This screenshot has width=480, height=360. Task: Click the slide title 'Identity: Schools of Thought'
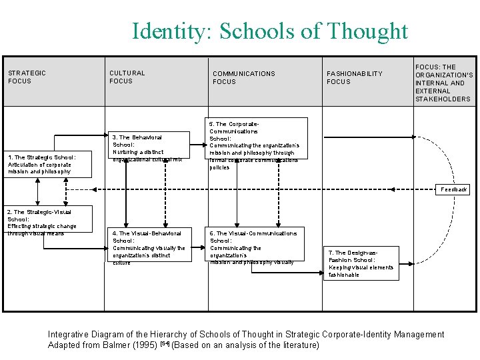[x=269, y=31]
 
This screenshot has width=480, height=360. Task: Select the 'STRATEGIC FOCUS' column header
[x=27, y=77]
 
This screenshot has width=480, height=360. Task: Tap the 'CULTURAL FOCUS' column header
[x=127, y=77]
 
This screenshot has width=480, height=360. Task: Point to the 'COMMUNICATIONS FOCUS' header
[x=243, y=77]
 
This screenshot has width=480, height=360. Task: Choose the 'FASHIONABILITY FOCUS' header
[x=354, y=77]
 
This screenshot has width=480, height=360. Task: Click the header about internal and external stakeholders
[x=443, y=83]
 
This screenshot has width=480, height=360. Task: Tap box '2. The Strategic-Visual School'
[x=41, y=222]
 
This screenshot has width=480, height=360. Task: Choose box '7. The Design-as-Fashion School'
[x=361, y=263]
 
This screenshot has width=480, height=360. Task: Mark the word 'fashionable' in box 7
[x=344, y=275]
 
